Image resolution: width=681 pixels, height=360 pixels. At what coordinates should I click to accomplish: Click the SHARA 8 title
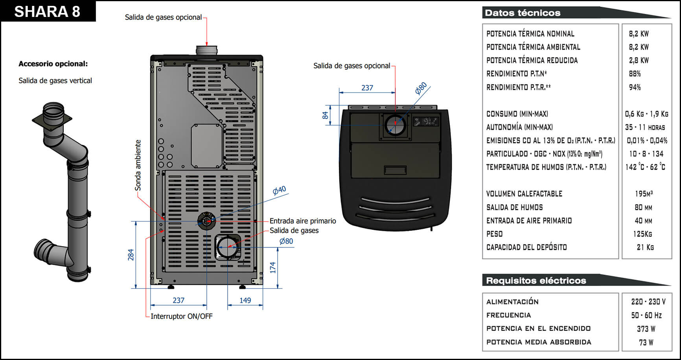coord(47,11)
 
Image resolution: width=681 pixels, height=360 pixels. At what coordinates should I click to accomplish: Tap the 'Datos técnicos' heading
coord(523,13)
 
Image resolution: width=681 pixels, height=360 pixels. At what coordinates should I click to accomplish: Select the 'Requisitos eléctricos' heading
coord(536,281)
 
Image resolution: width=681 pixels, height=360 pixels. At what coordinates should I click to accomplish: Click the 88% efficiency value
coord(635,74)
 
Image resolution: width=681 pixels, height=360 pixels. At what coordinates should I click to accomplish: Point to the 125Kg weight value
coord(642,234)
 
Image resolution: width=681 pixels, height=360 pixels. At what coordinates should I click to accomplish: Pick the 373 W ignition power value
coord(646,329)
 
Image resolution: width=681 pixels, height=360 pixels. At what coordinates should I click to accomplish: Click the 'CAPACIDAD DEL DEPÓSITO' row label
coord(526,247)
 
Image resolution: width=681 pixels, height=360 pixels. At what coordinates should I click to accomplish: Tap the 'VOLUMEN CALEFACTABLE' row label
coord(524,194)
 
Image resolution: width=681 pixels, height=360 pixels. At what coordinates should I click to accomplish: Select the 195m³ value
coord(644,194)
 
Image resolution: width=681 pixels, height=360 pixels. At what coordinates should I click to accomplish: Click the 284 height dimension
coord(131,255)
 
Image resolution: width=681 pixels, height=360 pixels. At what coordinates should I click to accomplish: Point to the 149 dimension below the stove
coord(245,301)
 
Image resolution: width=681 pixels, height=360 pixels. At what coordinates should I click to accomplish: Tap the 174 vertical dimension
coord(273,268)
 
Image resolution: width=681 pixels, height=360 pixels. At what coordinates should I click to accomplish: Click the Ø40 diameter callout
coord(279,191)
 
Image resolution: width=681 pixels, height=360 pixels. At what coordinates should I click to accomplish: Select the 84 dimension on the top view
coord(325,115)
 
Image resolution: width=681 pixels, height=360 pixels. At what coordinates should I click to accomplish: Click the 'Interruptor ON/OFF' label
coord(181,316)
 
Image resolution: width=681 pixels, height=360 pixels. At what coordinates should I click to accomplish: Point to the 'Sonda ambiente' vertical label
coord(138,165)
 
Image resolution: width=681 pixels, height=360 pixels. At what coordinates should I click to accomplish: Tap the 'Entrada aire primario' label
coord(302,221)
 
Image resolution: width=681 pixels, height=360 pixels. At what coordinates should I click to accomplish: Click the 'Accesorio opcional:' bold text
coord(53,64)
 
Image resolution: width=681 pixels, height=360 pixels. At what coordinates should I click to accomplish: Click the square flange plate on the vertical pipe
coord(52,119)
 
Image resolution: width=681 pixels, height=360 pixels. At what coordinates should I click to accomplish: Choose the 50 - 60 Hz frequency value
coord(646,316)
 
